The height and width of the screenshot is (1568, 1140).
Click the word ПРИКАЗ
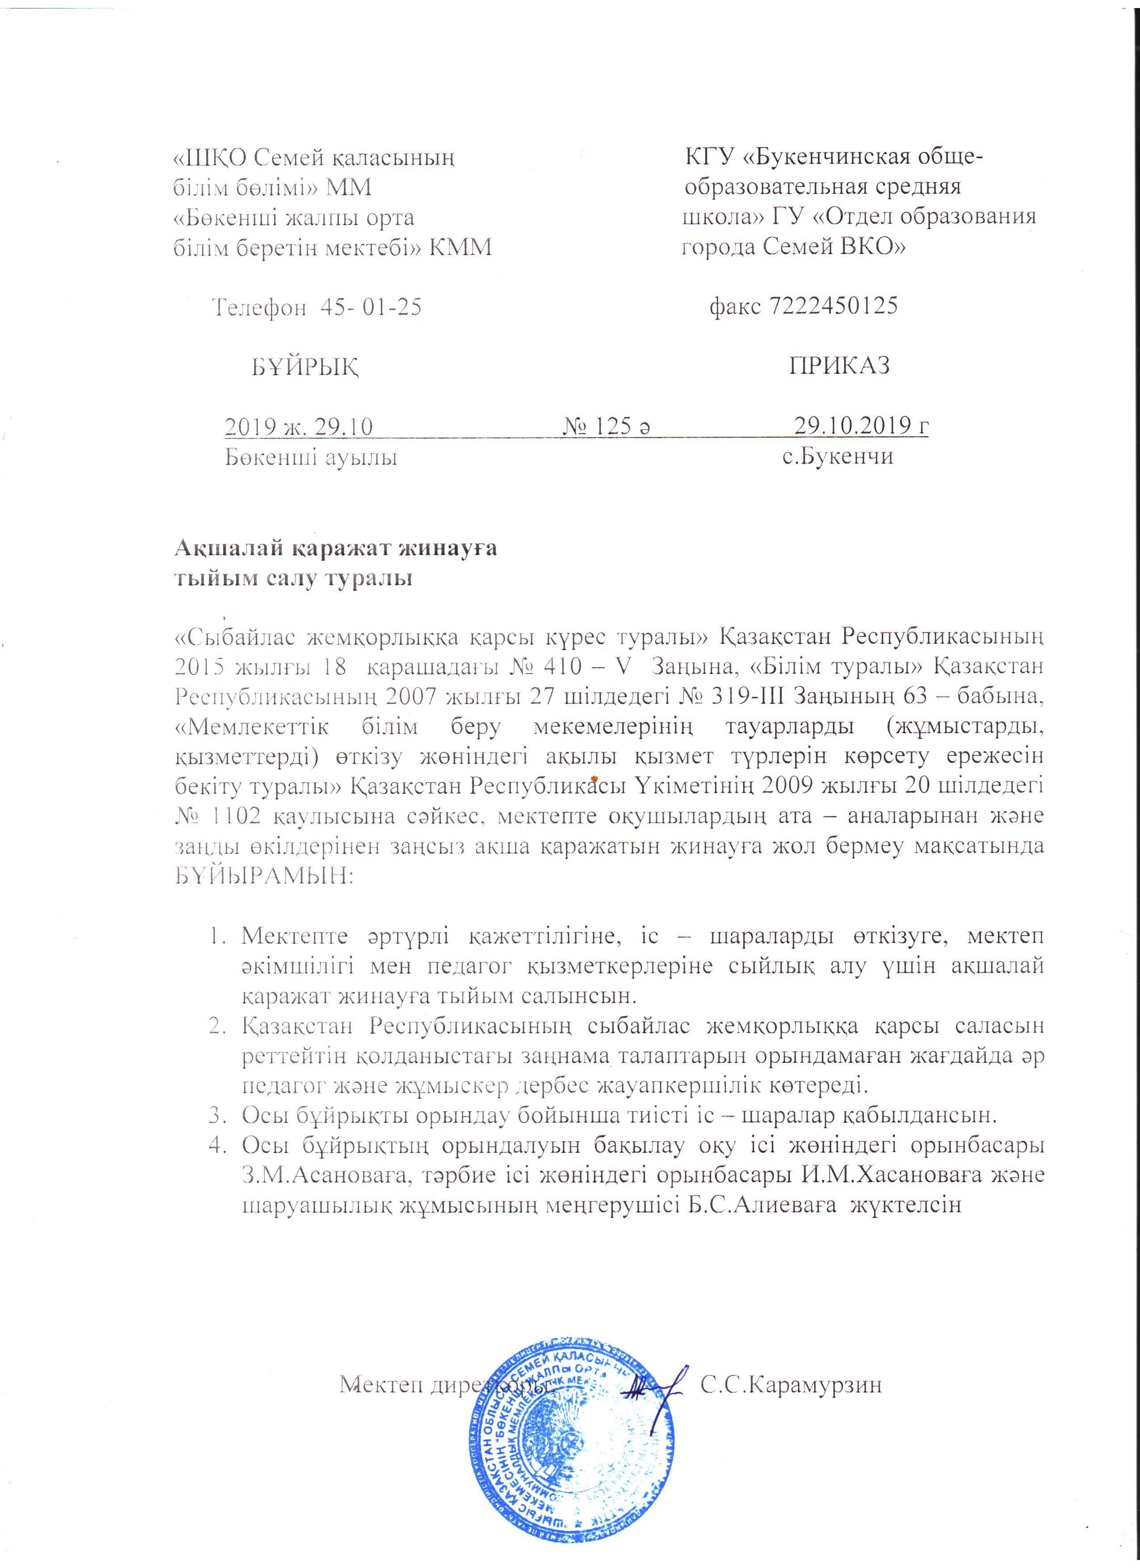(x=839, y=365)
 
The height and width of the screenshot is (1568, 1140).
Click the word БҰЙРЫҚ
(x=305, y=367)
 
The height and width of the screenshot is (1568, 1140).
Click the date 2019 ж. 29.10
(x=299, y=426)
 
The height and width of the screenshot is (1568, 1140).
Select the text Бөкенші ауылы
(x=311, y=457)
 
